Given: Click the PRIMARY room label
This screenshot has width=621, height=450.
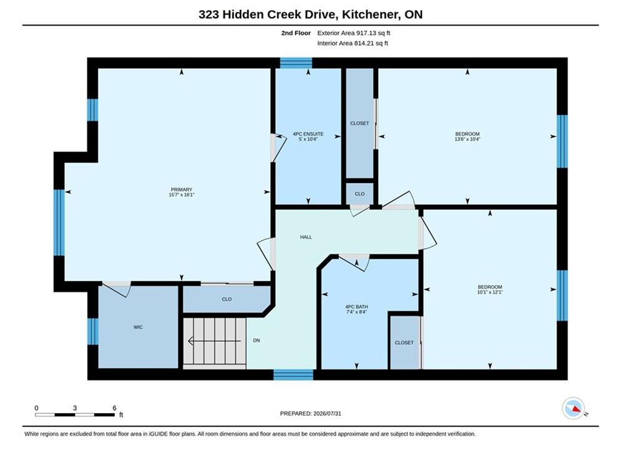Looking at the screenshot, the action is click(182, 189).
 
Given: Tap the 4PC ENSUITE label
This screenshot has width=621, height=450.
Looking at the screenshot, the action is click(308, 134).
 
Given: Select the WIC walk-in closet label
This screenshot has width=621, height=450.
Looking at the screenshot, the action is click(138, 327).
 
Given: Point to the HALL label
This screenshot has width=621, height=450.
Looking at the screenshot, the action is click(306, 237).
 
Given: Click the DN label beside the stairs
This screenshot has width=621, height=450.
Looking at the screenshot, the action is click(257, 341).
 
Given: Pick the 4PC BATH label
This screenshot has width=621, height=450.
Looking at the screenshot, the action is click(356, 307).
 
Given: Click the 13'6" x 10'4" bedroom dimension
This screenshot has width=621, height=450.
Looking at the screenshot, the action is click(467, 139).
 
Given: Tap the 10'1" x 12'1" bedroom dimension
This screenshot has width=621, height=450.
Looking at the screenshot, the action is click(490, 292).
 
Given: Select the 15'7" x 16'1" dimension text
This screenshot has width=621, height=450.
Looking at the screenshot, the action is click(182, 194).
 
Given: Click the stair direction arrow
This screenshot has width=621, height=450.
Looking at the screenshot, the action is click(214, 341).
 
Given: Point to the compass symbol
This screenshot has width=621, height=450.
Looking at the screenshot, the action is click(574, 408).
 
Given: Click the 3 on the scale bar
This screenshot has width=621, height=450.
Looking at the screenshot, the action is click(75, 408).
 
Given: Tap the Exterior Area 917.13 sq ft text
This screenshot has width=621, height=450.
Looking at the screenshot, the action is click(354, 33).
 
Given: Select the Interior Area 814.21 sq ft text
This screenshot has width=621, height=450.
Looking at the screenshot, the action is click(353, 43).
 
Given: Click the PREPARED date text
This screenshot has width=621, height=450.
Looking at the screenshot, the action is click(311, 414).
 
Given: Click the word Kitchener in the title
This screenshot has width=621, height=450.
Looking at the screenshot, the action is click(370, 14).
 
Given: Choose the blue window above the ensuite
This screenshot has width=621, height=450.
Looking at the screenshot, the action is click(296, 63).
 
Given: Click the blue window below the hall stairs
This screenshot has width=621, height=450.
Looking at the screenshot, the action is click(293, 374).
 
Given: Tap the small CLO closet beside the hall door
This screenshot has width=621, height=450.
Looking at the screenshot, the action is click(359, 194).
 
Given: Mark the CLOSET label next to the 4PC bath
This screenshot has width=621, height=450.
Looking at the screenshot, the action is click(404, 342).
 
